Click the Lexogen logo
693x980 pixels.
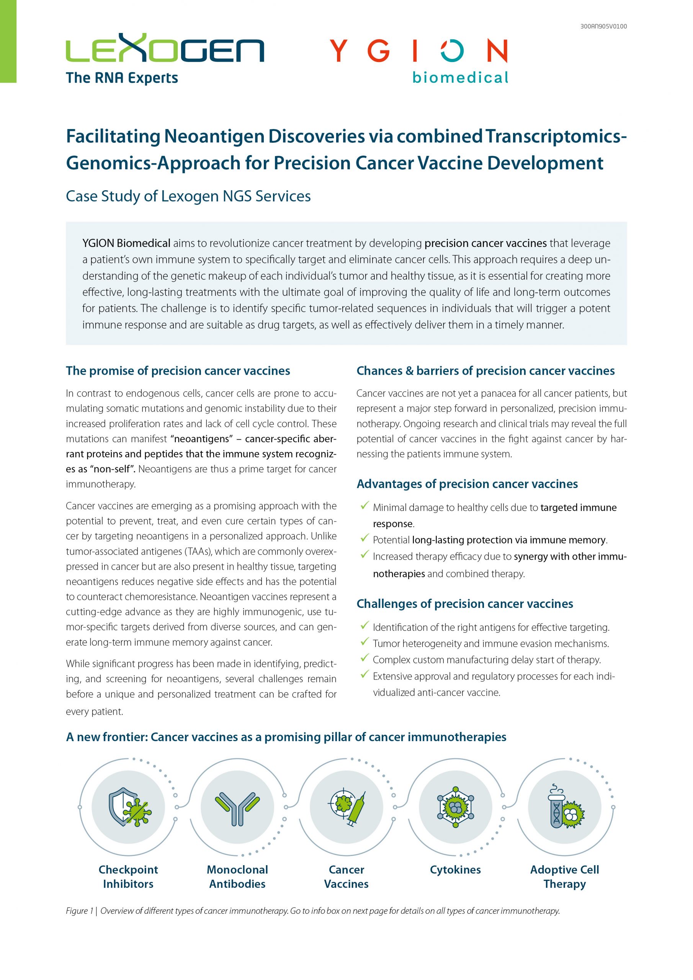pyautogui.click(x=165, y=49)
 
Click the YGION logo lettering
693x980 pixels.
pyautogui.click(x=418, y=51)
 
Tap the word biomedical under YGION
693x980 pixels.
pyautogui.click(x=460, y=78)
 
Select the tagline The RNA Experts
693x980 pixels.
pyautogui.click(x=122, y=78)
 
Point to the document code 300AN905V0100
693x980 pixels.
pyautogui.click(x=603, y=26)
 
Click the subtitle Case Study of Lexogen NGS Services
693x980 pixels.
pyautogui.click(x=188, y=196)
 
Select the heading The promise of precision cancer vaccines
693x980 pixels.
pyautogui.click(x=178, y=371)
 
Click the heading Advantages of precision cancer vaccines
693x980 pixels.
pyautogui.click(x=467, y=483)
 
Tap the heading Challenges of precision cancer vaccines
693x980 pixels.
pyautogui.click(x=464, y=604)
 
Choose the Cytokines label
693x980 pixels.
pyautogui.click(x=455, y=869)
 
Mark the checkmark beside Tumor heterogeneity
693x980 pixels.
pyautogui.click(x=364, y=642)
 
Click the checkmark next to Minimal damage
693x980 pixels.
pyautogui.click(x=364, y=506)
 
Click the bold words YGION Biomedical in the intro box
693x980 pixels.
pyautogui.click(x=126, y=243)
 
